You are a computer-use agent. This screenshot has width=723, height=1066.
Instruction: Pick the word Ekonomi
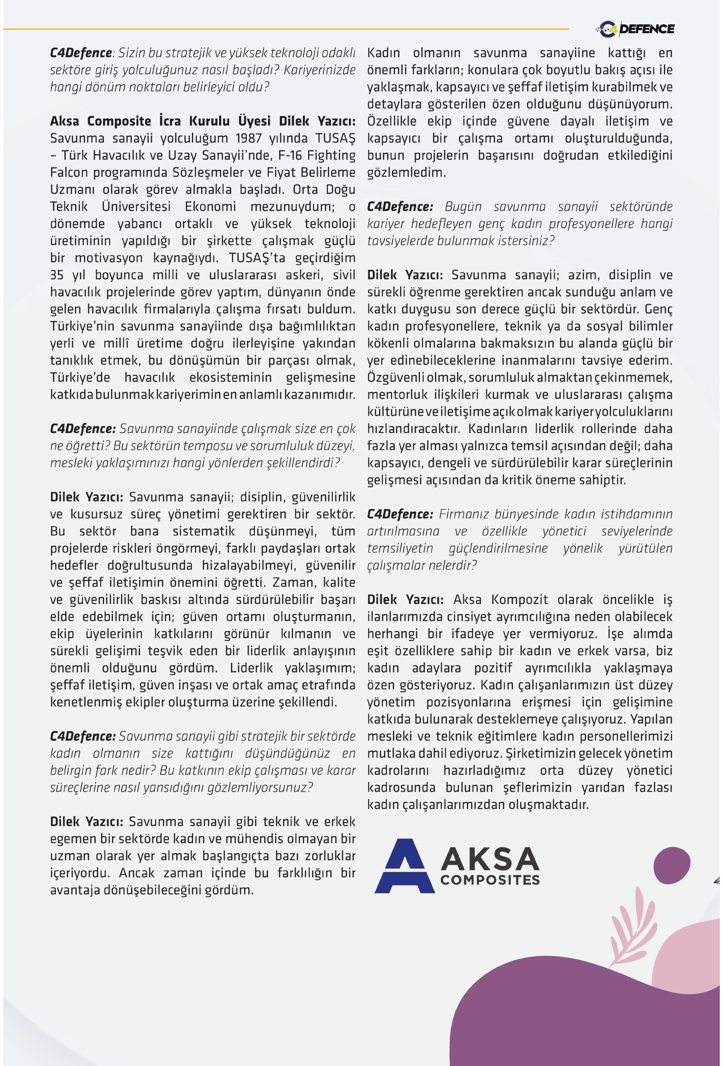point(210,206)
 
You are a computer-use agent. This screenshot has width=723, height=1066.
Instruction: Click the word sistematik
point(204,531)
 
